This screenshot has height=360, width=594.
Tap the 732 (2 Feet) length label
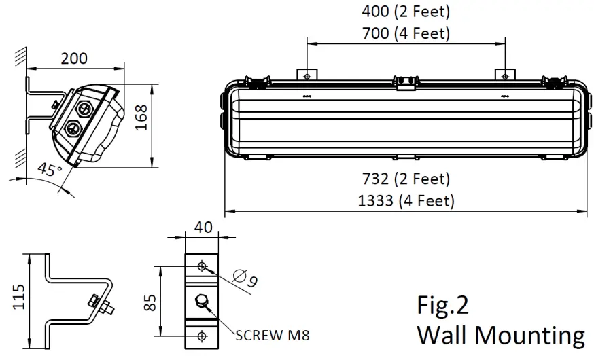point(406,179)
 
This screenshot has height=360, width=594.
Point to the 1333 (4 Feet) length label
point(406,200)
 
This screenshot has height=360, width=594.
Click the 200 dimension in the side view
point(73,58)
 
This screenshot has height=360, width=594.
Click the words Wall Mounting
point(500,335)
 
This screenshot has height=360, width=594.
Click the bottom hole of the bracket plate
point(201,336)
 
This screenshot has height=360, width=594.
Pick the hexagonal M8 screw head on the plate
point(201,302)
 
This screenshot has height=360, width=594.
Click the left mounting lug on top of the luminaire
point(307,74)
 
